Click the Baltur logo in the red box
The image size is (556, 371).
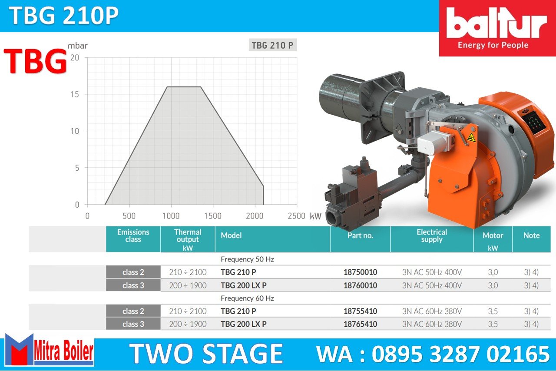click(497, 28)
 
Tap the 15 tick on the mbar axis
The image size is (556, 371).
click(75, 94)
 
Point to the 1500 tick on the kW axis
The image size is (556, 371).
click(213, 216)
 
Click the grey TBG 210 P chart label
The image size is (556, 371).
click(272, 45)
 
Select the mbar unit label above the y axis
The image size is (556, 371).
click(78, 46)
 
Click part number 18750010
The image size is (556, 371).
click(360, 272)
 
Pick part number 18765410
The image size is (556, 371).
click(360, 324)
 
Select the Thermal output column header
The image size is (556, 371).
click(188, 239)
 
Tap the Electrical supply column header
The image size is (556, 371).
click(432, 235)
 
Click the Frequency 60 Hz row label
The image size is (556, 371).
click(247, 298)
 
